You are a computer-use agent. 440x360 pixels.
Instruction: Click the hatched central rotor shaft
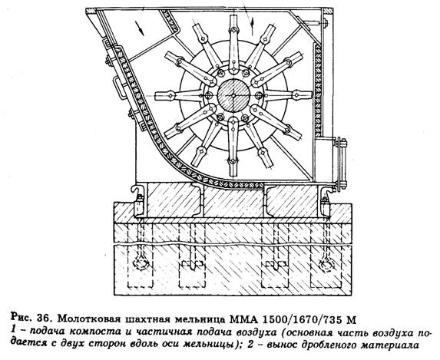233,95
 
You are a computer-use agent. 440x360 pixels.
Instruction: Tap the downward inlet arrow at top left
141,28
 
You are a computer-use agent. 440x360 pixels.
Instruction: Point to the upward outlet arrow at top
253,22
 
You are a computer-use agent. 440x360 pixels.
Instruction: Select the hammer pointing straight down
233,146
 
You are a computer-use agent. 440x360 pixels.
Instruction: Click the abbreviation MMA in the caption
243,319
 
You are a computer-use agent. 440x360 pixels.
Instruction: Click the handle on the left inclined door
118,87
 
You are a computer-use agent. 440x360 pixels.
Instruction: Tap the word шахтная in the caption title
146,319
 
